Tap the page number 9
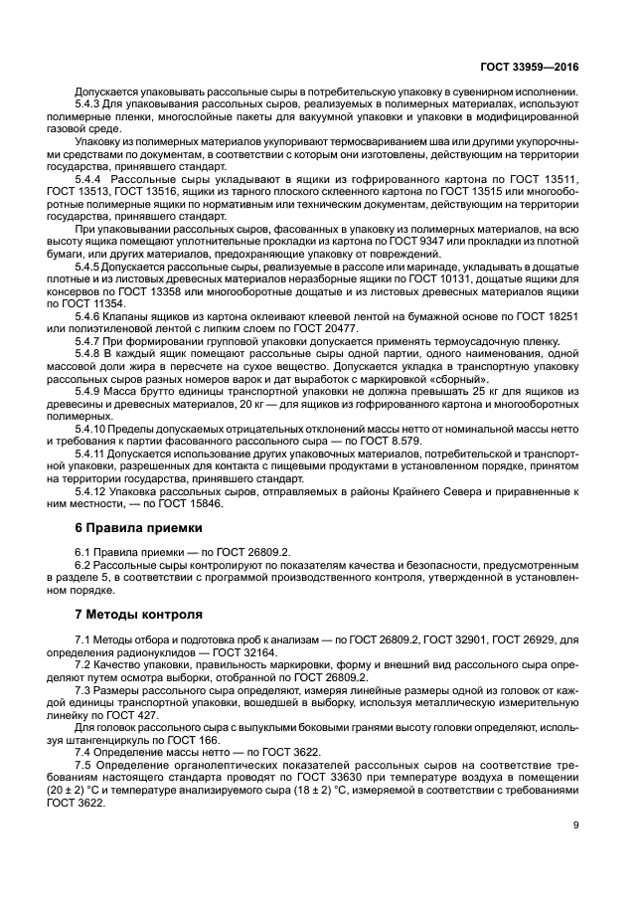[576, 823]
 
